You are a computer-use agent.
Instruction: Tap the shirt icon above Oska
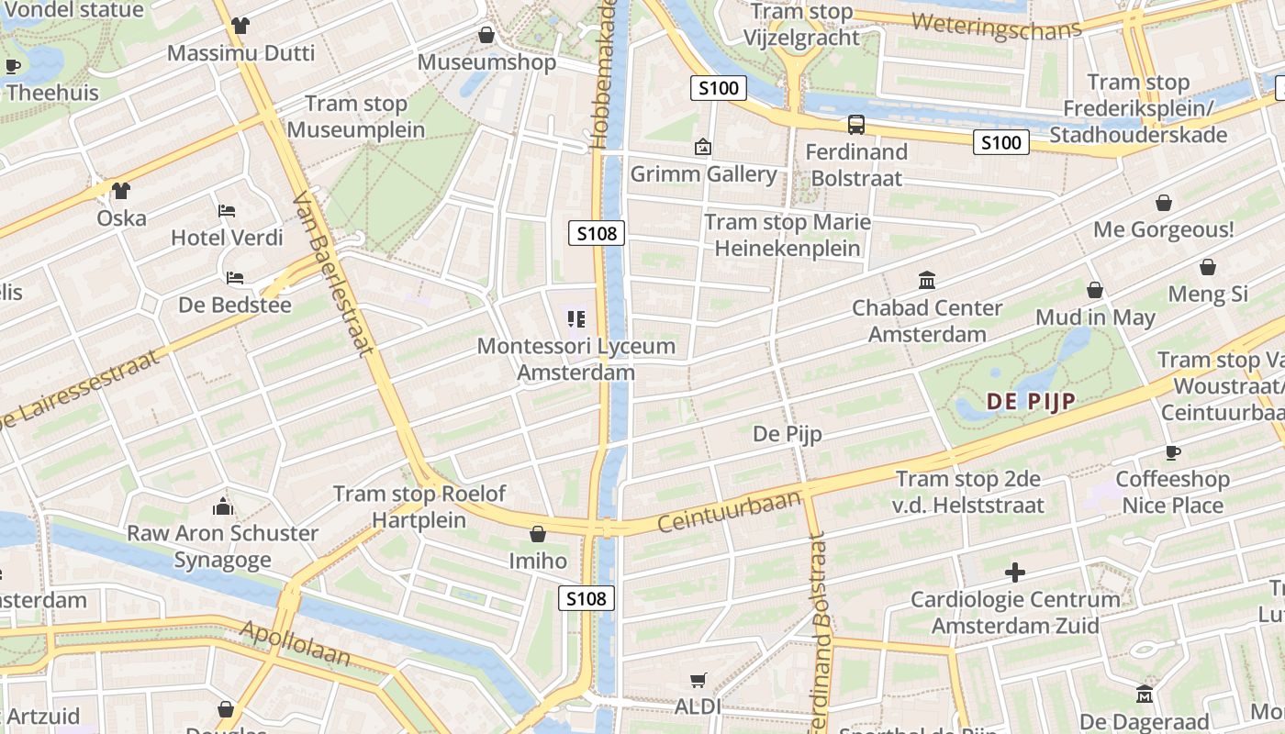121,191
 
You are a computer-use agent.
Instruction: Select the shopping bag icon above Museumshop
486,35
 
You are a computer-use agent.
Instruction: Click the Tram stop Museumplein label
356,117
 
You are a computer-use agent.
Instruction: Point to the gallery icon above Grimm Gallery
703,147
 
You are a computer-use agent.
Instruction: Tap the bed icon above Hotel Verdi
227,211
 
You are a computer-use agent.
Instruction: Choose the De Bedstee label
234,305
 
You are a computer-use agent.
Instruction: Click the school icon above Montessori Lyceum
576,319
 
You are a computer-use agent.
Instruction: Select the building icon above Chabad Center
927,280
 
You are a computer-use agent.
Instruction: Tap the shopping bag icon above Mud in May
1095,290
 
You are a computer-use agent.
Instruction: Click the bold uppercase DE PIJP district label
1030,401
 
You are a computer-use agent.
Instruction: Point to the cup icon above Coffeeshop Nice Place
1172,451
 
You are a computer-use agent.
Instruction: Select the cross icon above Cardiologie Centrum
1015,573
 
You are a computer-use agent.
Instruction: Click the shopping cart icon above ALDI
698,680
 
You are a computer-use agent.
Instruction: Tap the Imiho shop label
538,561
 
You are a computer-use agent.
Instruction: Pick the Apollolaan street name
296,644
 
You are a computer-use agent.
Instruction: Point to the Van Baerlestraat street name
332,273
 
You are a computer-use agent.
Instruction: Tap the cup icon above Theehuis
13,66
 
